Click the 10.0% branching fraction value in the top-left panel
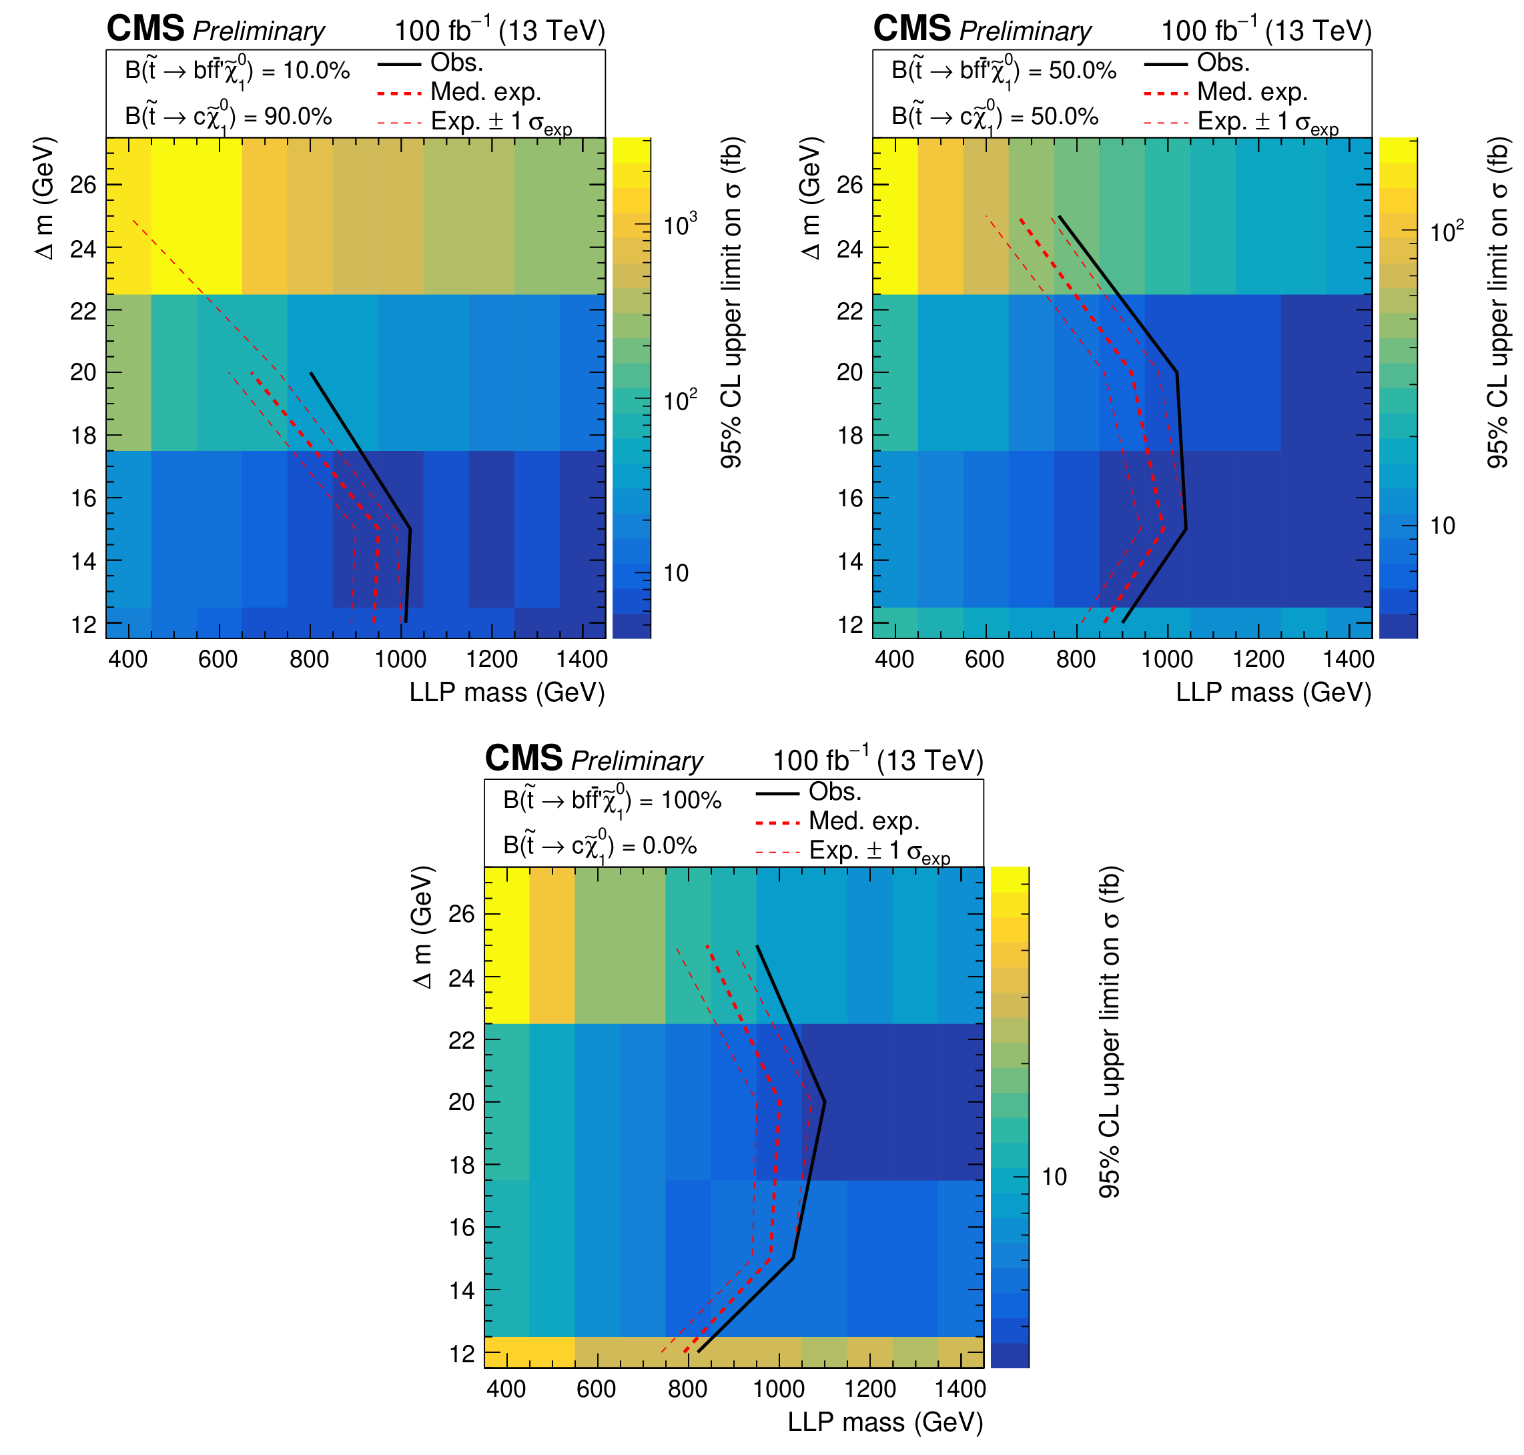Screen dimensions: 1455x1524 [x=316, y=71]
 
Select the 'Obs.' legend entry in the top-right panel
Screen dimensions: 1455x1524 [x=1222, y=63]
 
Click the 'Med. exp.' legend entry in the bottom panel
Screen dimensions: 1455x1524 [x=863, y=821]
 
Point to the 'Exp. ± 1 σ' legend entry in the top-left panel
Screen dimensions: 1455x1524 [x=501, y=123]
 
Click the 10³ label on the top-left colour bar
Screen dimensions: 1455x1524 [x=680, y=225]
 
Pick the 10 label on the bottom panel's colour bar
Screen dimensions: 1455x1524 [x=1053, y=1177]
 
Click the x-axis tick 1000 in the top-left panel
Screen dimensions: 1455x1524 [x=400, y=660]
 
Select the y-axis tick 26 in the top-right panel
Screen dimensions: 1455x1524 [x=849, y=185]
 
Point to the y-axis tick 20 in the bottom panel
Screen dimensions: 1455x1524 [x=462, y=1101]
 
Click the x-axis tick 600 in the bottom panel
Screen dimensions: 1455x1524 [x=597, y=1389]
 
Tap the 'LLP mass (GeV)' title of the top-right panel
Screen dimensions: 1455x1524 [x=1272, y=692]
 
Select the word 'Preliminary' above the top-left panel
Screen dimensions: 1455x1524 [x=258, y=31]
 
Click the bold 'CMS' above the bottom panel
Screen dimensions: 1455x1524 [x=524, y=759]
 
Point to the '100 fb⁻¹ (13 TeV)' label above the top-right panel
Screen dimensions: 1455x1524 [x=1266, y=31]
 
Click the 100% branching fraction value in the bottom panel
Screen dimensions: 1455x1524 [x=690, y=801]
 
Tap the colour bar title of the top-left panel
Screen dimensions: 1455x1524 [x=731, y=302]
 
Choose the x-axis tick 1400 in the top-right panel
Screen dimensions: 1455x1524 [x=1348, y=660]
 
